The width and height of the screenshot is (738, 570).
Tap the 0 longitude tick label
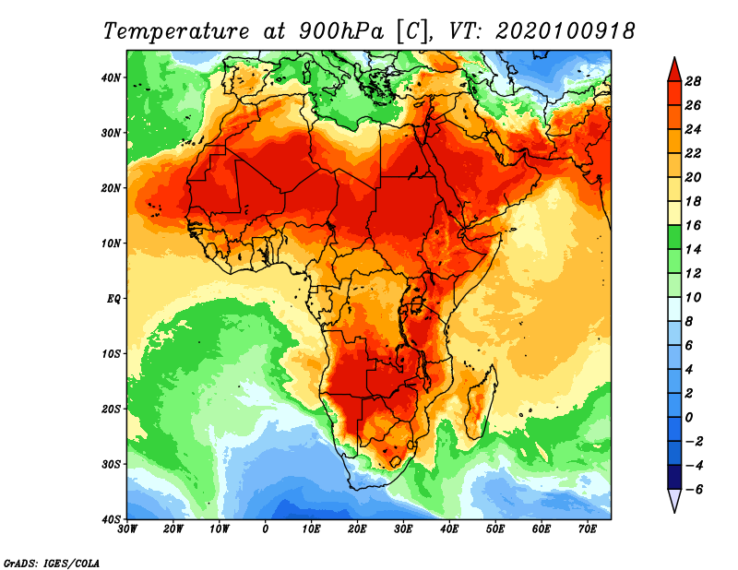coord(266,528)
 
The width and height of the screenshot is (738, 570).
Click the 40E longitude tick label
coord(449,528)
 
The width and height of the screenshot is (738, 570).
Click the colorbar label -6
coord(693,489)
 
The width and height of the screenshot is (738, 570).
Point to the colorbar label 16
coord(695,224)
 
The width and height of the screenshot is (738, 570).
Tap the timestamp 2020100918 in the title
coord(565,30)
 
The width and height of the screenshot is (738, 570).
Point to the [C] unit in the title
coord(411,30)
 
